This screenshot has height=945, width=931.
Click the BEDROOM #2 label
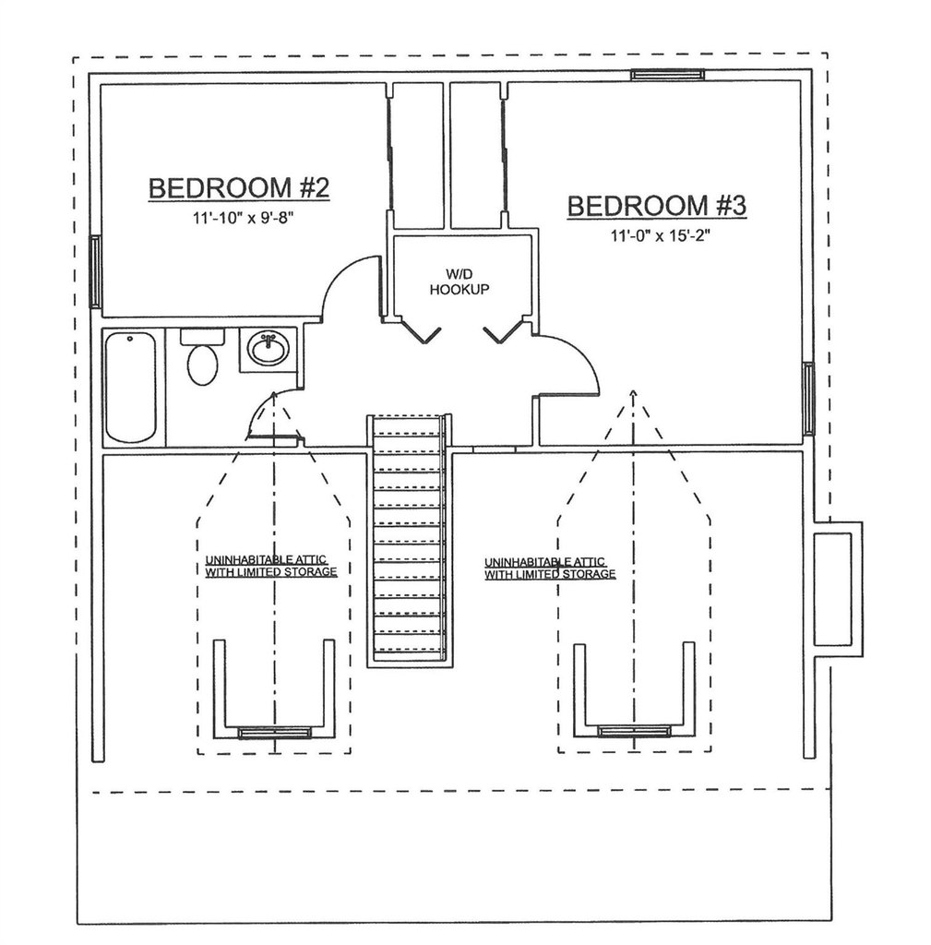tap(238, 188)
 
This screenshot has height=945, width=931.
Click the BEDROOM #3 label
tap(656, 206)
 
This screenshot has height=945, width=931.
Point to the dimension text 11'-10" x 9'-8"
tap(238, 219)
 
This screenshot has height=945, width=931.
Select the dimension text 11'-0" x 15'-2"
tap(656, 235)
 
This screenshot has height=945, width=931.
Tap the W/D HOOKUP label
tap(459, 281)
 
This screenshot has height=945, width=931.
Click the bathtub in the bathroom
tap(130, 388)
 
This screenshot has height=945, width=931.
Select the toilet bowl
tap(202, 364)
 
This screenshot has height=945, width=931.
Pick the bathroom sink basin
tap(269, 350)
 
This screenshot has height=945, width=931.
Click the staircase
tap(409, 540)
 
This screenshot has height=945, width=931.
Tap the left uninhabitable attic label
tap(270, 566)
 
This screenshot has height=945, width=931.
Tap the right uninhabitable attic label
tap(550, 568)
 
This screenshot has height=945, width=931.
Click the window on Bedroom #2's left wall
tap(94, 271)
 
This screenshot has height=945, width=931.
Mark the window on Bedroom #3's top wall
tap(667, 75)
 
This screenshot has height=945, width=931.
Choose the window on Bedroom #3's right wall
tap(808, 398)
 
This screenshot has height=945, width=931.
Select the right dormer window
tap(632, 731)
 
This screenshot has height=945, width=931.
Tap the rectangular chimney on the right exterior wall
tap(838, 589)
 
